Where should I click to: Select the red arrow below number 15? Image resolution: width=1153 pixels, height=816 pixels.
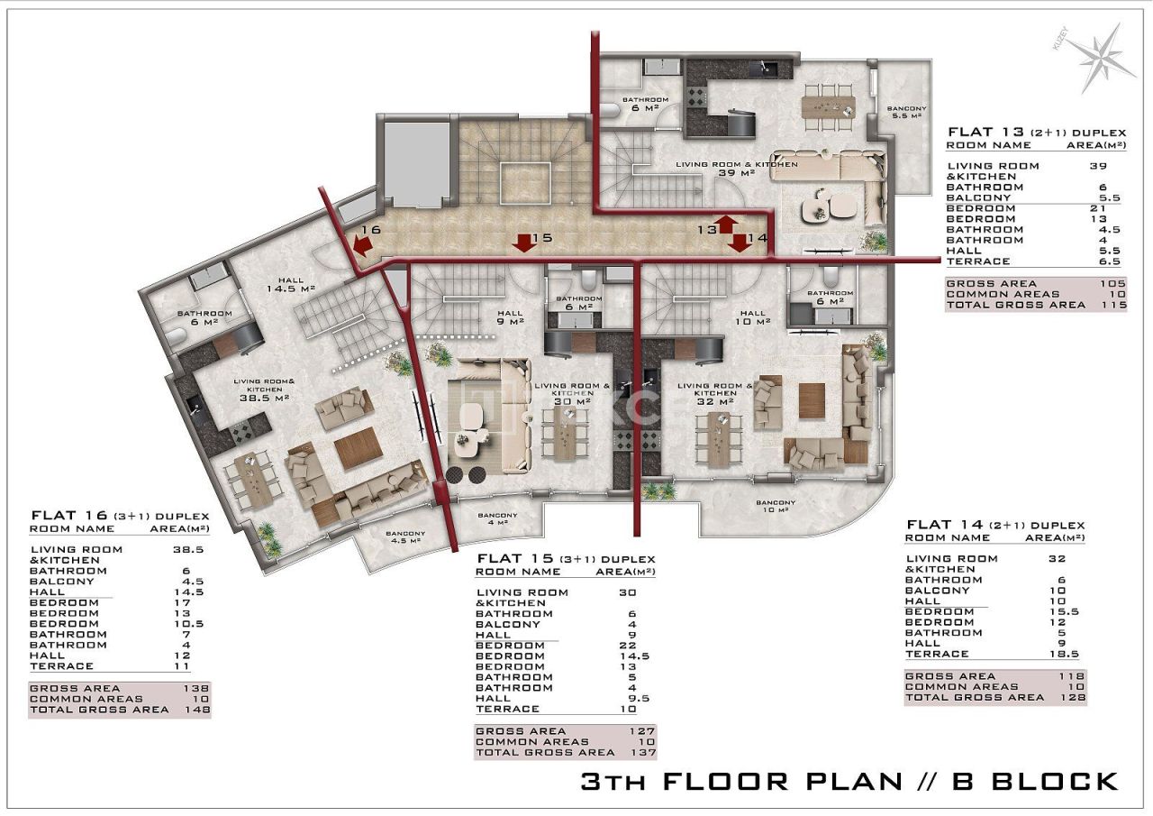coord(521,242)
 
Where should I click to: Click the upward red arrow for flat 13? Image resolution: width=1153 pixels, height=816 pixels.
coord(727,224)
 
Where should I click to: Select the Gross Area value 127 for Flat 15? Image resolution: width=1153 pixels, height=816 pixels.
coord(643,731)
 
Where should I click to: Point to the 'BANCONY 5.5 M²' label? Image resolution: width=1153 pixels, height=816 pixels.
coord(905,111)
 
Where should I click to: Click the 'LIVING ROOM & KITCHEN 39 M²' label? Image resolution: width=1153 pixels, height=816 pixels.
coord(737,169)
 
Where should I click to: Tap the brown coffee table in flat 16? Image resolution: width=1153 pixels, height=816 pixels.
coord(358,447)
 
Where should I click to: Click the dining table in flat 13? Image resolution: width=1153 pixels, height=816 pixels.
coord(829,105)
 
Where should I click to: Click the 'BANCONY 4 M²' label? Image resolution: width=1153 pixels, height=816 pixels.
coord(497,518)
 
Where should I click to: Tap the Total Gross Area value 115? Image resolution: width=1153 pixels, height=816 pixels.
coord(1094,305)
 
